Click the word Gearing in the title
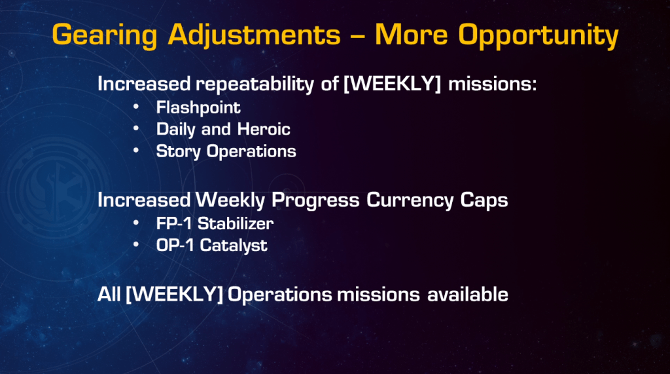tap(105, 35)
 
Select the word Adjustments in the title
tap(255, 35)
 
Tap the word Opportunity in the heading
tap(538, 35)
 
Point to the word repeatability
tap(255, 84)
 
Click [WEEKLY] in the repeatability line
tap(393, 83)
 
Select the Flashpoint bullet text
tap(198, 108)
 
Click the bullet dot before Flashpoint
tap(136, 106)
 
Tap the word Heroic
tap(264, 129)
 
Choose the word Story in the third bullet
tap(178, 152)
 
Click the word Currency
tap(410, 200)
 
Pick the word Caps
tap(484, 200)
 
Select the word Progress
tap(315, 200)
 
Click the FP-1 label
tap(173, 223)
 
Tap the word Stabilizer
tap(236, 223)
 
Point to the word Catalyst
tap(234, 246)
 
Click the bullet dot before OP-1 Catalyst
tap(136, 244)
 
